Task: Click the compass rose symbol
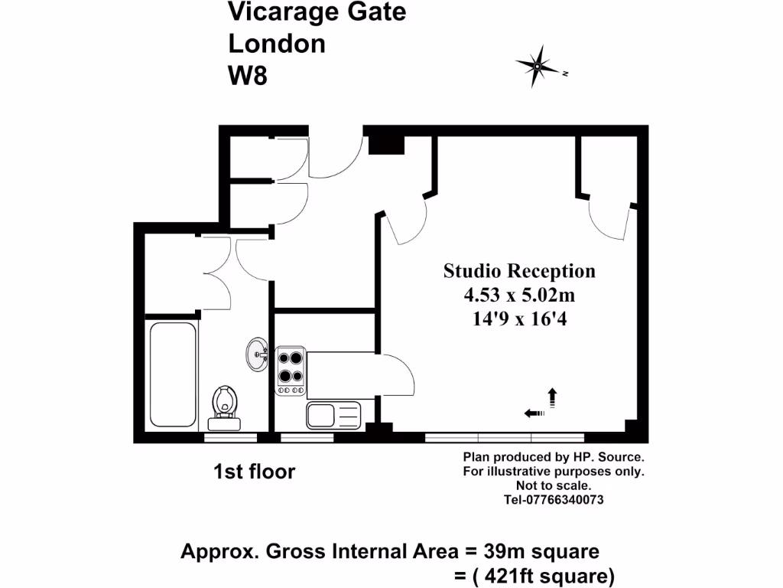538,67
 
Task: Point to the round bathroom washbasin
257,354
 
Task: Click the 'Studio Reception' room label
519,271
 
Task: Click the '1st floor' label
254,472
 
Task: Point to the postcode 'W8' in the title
248,76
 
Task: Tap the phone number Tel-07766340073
554,500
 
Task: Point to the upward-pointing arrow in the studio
551,397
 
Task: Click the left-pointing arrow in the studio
534,413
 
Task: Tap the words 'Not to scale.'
554,485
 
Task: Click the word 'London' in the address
277,44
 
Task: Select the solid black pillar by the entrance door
386,144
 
